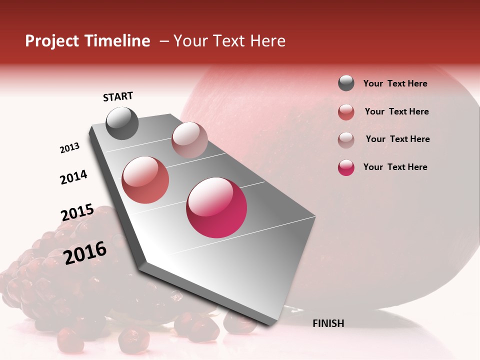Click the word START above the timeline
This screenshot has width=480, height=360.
tap(118, 96)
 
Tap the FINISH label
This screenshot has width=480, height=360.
tap(328, 323)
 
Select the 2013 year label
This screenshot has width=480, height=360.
tap(69, 148)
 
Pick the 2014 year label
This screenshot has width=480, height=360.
tap(73, 177)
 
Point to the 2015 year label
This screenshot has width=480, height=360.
tap(77, 212)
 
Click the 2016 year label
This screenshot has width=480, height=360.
tap(85, 252)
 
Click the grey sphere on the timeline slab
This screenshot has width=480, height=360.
tap(122, 123)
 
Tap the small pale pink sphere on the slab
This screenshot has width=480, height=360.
tap(189, 140)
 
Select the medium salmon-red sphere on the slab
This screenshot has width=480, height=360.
tap(145, 179)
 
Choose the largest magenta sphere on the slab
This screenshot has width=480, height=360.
tap(216, 207)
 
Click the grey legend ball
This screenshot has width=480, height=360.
tap(346, 83)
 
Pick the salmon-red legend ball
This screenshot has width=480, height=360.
tap(346, 112)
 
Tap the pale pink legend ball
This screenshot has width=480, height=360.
tap(346, 139)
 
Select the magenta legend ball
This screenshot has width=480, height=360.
tap(346, 167)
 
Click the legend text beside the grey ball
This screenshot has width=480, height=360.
tap(395, 83)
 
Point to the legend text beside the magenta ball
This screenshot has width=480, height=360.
tap(395, 167)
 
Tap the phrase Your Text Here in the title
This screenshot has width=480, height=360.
tap(229, 41)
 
